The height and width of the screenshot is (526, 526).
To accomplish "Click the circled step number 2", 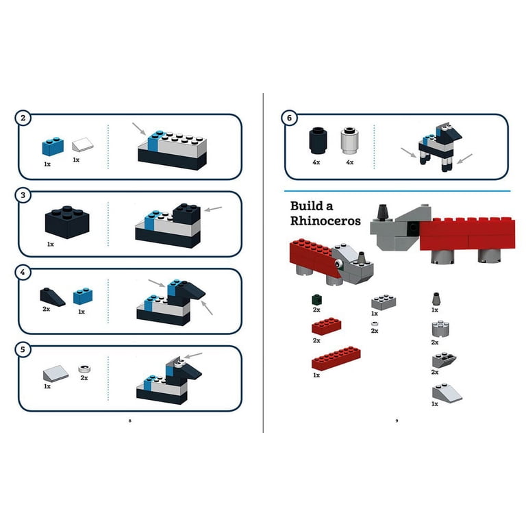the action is [x=23, y=118].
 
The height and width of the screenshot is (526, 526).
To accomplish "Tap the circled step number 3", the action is [x=23, y=195].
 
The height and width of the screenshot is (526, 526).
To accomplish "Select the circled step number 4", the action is [x=23, y=273].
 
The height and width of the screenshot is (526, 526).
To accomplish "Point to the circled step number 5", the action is [x=23, y=349].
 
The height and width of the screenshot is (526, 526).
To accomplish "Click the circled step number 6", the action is [x=289, y=118].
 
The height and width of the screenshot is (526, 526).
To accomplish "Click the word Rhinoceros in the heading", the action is [x=325, y=221].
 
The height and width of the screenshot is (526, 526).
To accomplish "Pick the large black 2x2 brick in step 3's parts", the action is [x=67, y=222].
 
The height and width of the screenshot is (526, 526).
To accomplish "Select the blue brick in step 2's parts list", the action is [x=53, y=147].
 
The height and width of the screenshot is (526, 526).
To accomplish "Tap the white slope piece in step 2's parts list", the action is [x=82, y=145].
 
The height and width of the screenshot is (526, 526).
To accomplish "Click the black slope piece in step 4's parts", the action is [x=52, y=297].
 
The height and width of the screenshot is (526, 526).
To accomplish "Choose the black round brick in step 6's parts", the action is [x=318, y=140].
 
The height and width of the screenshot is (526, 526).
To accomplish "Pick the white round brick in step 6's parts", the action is [x=349, y=140].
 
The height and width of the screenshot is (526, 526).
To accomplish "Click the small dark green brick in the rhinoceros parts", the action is [x=316, y=299].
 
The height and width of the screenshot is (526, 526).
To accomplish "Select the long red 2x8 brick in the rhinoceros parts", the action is [x=336, y=358].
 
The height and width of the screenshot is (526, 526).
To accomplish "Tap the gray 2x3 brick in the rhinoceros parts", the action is [x=384, y=302].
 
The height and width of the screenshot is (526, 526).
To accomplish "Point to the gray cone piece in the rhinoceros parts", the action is [x=436, y=299].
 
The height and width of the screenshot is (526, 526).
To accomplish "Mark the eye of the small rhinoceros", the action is [x=338, y=264].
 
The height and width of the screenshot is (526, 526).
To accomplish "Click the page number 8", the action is [x=130, y=421].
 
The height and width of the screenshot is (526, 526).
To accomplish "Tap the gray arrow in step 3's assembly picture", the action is [x=213, y=209].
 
